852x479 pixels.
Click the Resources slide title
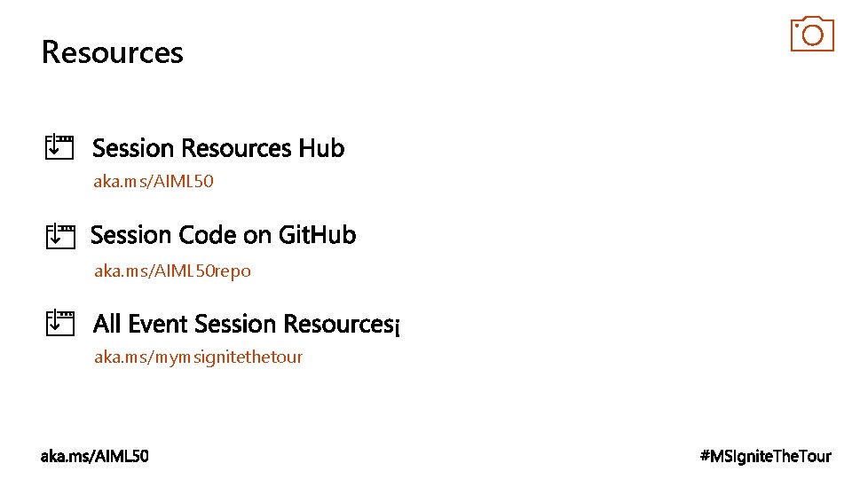point(112,52)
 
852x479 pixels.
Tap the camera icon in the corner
point(812,34)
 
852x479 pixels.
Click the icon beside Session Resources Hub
point(59,146)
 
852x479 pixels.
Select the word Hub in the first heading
point(321,147)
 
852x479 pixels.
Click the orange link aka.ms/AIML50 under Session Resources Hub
point(154,182)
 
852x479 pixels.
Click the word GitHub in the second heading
point(317,235)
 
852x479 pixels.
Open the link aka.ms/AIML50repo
point(172,271)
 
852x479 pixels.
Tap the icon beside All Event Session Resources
point(59,323)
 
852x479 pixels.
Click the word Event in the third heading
point(159,324)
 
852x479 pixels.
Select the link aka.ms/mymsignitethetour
point(198,357)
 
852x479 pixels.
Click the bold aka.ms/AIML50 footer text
point(95,456)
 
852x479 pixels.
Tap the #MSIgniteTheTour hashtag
point(766,456)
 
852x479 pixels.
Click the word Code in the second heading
point(208,235)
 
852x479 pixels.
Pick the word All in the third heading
point(107,324)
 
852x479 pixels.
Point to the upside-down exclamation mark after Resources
point(398,328)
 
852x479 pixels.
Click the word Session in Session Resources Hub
point(134,147)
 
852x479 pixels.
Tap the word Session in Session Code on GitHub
point(132,235)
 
